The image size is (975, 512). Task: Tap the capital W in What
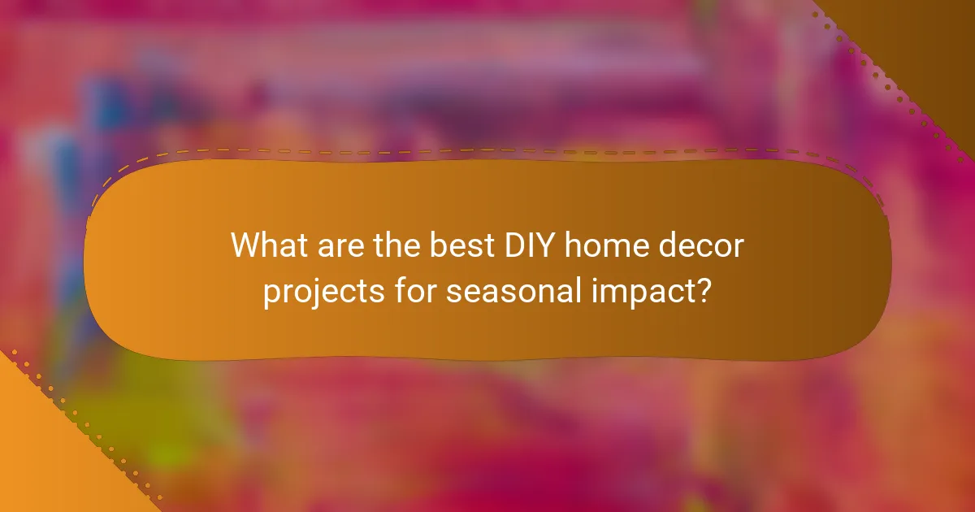coord(245,245)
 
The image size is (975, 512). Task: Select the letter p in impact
coord(625,294)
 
